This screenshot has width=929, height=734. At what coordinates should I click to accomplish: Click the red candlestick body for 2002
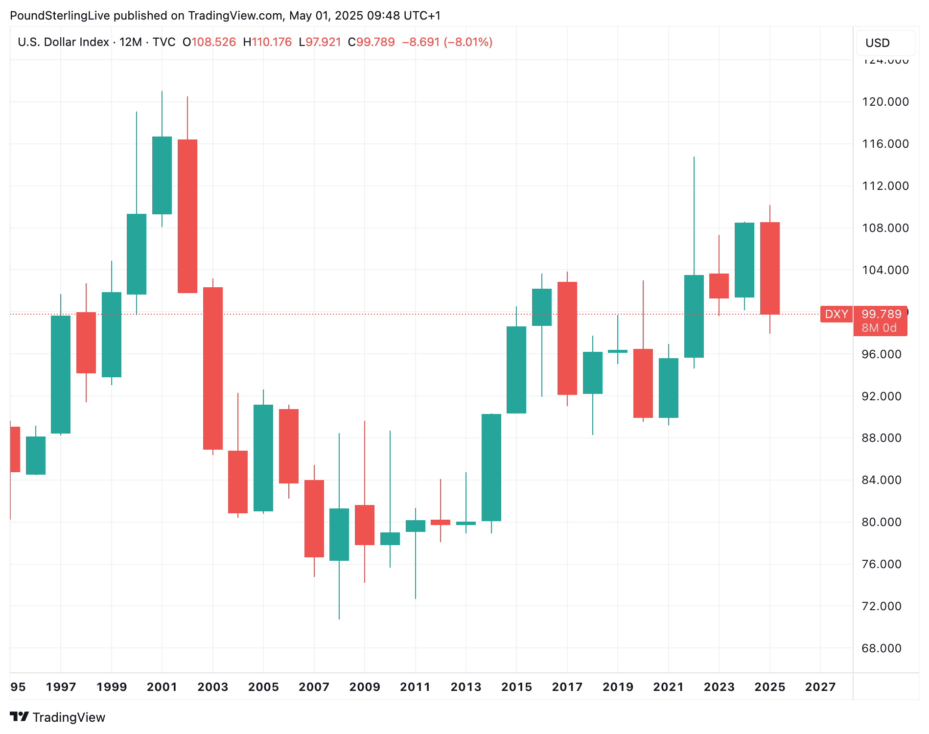click(187, 216)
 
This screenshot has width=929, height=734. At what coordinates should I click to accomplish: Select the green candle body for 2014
click(491, 467)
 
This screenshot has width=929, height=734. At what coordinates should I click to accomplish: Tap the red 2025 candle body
click(770, 268)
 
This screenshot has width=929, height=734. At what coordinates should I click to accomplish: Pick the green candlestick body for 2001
click(162, 175)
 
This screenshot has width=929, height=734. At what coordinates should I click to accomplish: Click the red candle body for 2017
click(567, 338)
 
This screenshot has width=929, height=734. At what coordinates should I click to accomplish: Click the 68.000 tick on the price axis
click(881, 648)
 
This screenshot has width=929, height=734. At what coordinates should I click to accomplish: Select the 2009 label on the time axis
click(365, 687)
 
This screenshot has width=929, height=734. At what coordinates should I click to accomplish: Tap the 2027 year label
click(820, 687)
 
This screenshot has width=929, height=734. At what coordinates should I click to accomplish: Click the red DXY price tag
click(836, 314)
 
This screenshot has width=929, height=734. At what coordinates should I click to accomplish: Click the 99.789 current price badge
click(881, 314)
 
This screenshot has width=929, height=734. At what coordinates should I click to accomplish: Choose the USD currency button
click(878, 43)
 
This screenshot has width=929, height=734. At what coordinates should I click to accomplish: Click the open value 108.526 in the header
click(213, 42)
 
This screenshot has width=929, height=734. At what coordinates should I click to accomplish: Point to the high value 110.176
click(272, 42)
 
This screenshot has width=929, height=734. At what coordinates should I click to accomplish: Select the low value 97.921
click(323, 42)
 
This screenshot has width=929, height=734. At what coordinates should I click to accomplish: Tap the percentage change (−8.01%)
click(468, 42)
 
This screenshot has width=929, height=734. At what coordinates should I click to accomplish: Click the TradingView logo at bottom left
click(58, 717)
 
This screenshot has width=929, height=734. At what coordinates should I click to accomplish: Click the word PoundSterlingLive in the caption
click(60, 16)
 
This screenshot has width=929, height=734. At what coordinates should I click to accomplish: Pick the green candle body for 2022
click(694, 316)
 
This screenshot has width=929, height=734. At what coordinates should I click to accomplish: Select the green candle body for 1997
click(61, 374)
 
